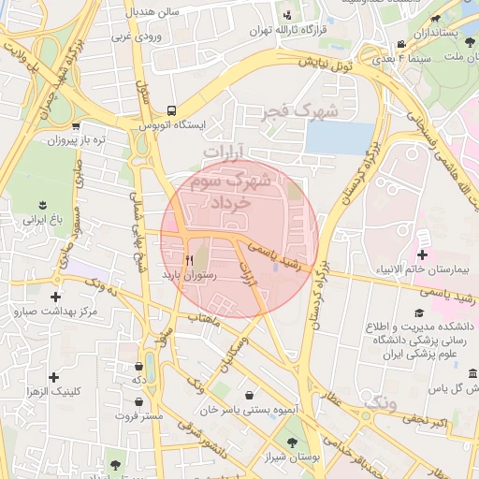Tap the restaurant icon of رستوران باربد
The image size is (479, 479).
point(190,260)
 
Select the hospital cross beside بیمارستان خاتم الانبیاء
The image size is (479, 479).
point(422,254)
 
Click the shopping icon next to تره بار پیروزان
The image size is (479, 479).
point(75,125)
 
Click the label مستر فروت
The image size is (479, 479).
point(139,414)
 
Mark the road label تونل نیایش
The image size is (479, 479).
point(325,65)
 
